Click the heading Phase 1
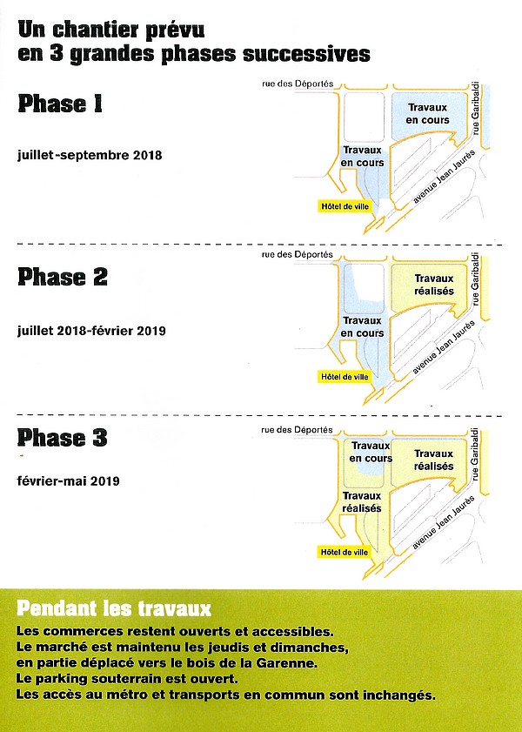(x=60, y=105)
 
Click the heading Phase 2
(x=63, y=278)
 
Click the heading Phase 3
(x=63, y=438)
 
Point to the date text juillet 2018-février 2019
(x=91, y=331)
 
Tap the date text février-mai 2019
(x=68, y=480)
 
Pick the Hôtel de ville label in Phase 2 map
(x=345, y=377)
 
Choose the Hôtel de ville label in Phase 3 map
(x=345, y=552)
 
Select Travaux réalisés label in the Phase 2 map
(x=433, y=285)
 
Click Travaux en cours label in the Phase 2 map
(x=362, y=327)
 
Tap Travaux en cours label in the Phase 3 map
(x=371, y=452)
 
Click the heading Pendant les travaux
(x=114, y=607)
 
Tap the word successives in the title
(x=311, y=54)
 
